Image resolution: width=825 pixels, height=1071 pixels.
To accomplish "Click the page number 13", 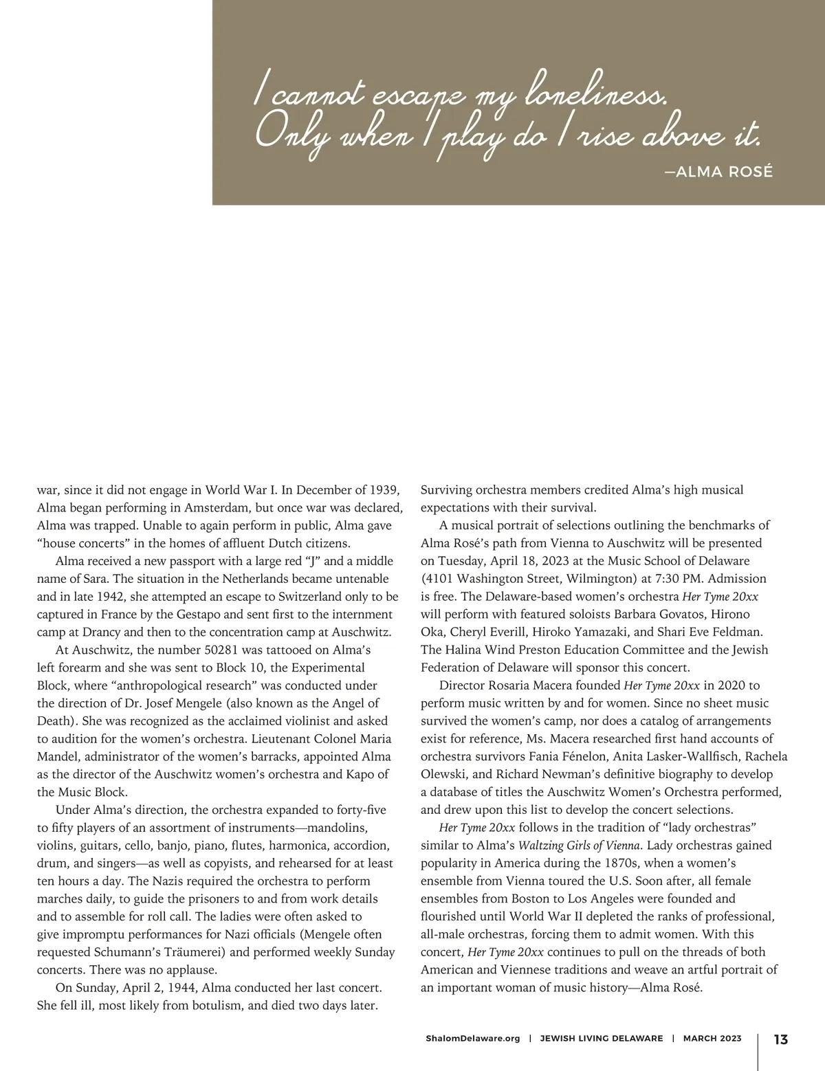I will (x=780, y=1039).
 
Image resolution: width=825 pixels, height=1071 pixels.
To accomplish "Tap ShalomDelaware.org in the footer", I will (x=473, y=1039).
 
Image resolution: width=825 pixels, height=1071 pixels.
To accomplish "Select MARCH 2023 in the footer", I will (x=712, y=1039).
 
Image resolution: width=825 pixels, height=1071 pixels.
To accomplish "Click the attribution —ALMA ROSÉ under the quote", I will (x=718, y=171).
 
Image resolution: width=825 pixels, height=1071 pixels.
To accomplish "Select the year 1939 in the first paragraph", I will (x=385, y=489).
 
